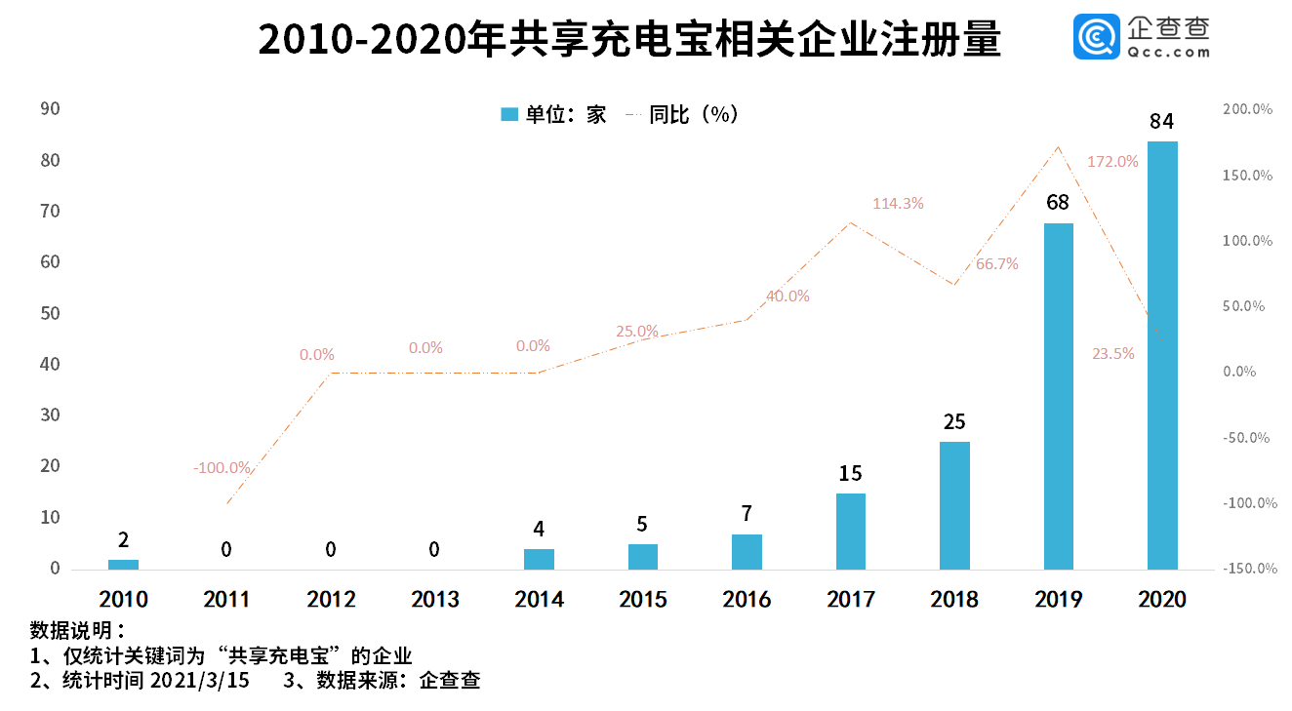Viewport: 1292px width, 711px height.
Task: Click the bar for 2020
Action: pos(1162,355)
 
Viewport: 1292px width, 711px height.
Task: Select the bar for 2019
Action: pos(1058,396)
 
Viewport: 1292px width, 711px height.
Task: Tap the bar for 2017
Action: pos(850,531)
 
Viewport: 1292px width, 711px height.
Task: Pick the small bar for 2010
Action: pos(123,564)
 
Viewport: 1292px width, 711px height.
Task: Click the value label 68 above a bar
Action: pos(1058,203)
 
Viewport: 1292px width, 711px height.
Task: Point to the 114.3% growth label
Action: pos(898,204)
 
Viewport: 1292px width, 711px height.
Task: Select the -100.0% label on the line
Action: pos(222,468)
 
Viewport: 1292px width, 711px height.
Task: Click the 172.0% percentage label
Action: pos(1113,162)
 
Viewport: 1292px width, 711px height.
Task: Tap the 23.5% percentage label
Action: pos(1113,354)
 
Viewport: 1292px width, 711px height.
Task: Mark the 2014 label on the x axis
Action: pos(539,599)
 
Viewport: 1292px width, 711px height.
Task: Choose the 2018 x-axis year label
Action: pos(954,599)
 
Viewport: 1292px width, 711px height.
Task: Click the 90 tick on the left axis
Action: pos(50,109)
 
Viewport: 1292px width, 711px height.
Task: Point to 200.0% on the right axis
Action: pos(1248,110)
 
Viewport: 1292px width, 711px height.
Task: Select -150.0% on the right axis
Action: pos(1248,569)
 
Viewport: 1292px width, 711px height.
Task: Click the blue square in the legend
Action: pos(508,115)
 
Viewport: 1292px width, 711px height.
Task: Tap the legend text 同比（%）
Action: pos(694,115)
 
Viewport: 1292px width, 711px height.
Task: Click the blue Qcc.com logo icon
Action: pos(1096,36)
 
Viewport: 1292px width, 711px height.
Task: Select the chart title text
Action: pos(629,41)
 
